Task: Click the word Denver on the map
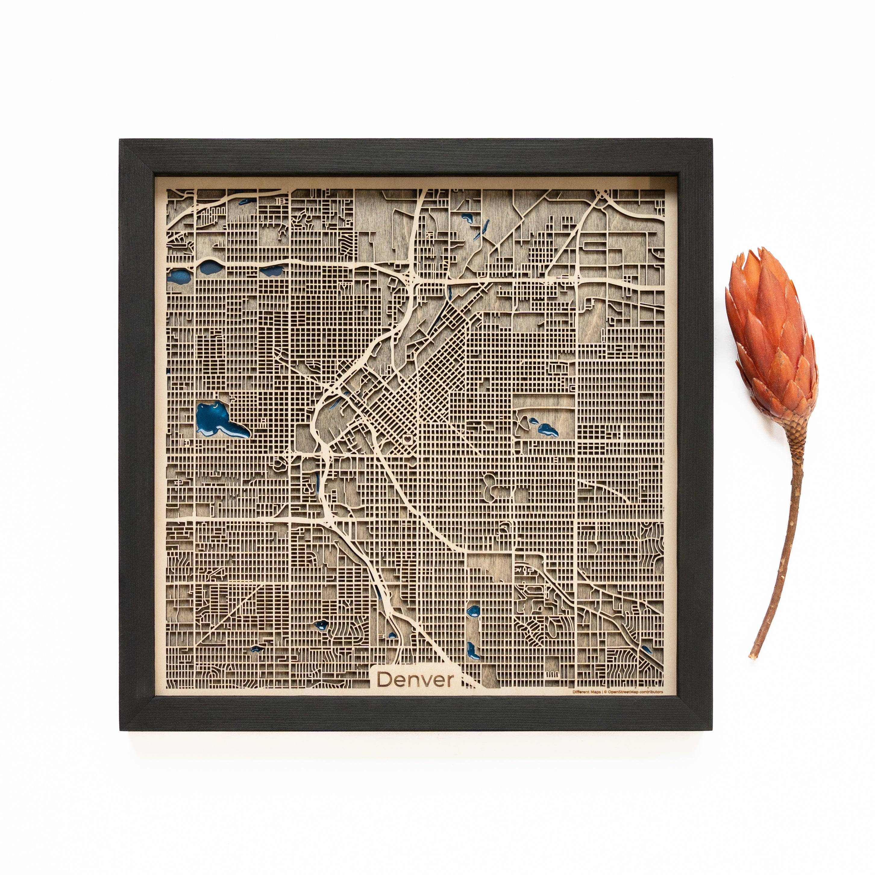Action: pyautogui.click(x=415, y=679)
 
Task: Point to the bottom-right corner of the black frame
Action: pyautogui.click(x=712, y=730)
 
